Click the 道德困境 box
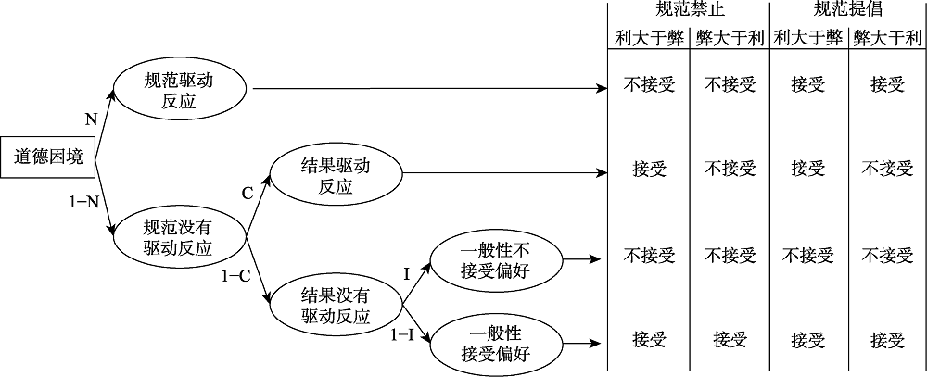tap(48, 157)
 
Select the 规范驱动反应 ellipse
tap(179, 90)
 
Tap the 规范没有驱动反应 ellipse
tap(179, 237)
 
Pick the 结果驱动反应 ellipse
tap(336, 173)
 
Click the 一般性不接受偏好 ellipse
tap(493, 259)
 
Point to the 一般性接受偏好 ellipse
tap(493, 344)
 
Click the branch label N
tap(90, 119)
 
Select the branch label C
tap(248, 194)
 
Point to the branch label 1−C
tap(238, 275)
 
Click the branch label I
tap(406, 273)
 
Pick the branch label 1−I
tap(403, 333)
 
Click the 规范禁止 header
tap(689, 11)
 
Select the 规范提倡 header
tap(847, 11)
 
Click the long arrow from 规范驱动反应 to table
tap(426, 90)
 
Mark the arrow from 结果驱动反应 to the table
tap(505, 173)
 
